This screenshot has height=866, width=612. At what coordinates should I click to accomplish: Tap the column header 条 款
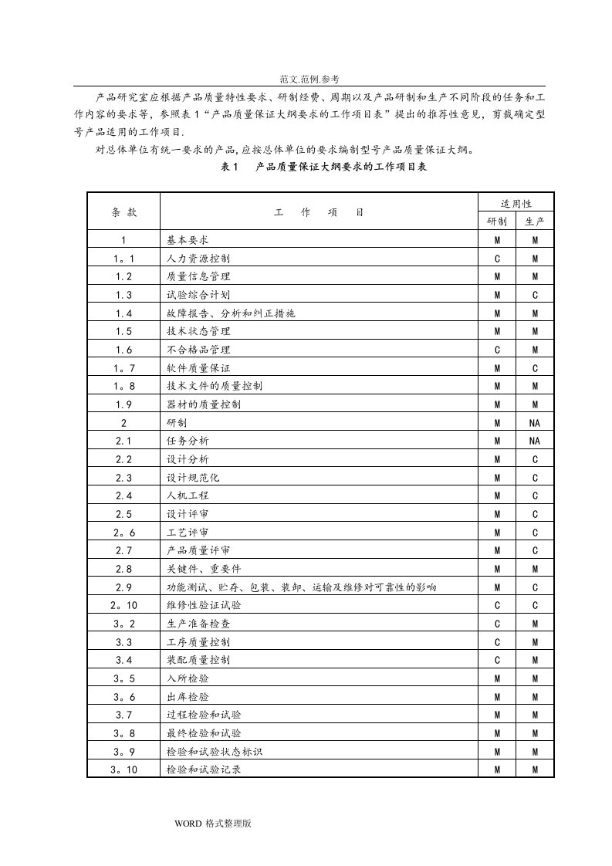coord(123,212)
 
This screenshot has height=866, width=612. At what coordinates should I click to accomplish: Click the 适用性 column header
coord(516,204)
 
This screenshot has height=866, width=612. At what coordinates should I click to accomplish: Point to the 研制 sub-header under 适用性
coord(498,222)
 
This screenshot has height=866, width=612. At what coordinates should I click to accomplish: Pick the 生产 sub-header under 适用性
coord(535,222)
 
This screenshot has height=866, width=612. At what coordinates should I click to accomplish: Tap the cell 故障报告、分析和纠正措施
coord(231,313)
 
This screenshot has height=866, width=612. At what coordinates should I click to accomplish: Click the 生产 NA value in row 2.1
coord(535,441)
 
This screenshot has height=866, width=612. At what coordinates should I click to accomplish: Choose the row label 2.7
coord(123,550)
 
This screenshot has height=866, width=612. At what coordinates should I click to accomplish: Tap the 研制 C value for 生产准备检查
coord(498,624)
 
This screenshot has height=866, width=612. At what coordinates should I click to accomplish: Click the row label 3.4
coord(123,660)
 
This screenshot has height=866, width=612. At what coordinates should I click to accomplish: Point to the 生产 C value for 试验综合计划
coord(535,295)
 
